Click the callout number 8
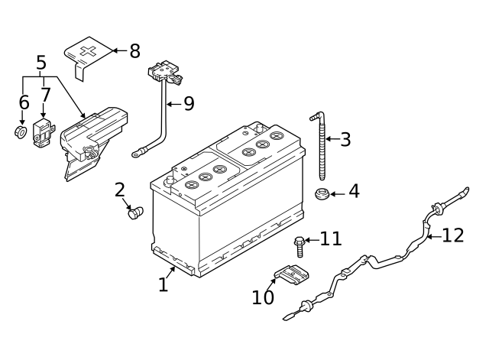click(x=134, y=51)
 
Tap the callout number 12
click(x=453, y=235)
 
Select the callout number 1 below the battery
click(x=163, y=285)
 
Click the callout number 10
click(x=262, y=297)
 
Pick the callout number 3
click(x=345, y=139)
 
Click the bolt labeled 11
click(x=299, y=245)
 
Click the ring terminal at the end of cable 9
click(x=138, y=153)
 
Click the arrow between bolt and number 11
click(x=311, y=240)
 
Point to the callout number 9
click(x=189, y=103)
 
